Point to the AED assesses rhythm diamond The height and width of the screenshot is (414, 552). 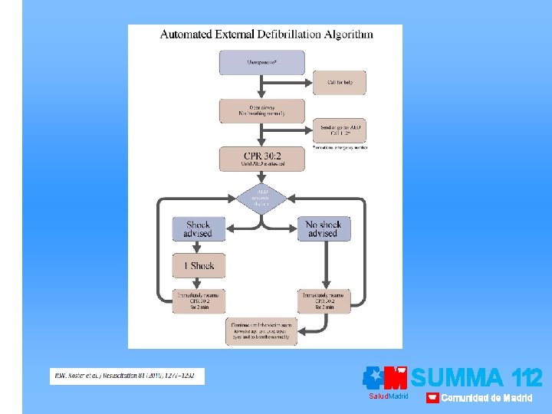click(x=261, y=197)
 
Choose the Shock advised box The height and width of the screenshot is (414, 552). click(x=198, y=229)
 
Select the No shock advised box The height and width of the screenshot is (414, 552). click(x=323, y=229)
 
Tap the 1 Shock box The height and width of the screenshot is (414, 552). click(x=198, y=265)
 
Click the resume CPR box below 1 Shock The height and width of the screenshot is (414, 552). click(x=198, y=301)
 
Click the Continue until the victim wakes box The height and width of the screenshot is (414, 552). click(x=261, y=331)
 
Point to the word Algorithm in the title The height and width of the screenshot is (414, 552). click(x=350, y=34)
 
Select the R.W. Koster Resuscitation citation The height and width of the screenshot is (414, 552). click(x=127, y=376)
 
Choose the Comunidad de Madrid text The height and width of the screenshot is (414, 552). click(x=485, y=398)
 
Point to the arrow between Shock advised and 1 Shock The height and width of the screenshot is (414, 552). click(x=198, y=247)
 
